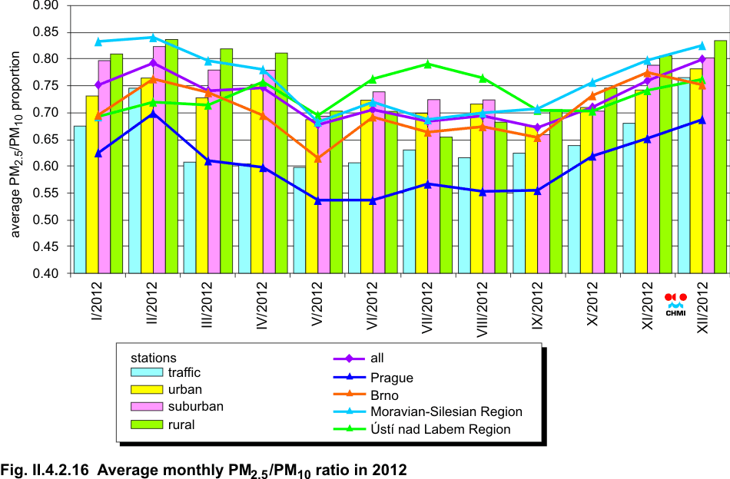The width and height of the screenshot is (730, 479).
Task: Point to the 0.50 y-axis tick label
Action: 47,220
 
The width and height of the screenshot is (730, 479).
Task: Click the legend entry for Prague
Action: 391,377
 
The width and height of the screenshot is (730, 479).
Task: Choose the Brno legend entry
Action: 384,395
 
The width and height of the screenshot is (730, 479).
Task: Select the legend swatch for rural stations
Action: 146,424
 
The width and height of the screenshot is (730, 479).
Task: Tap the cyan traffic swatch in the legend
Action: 146,372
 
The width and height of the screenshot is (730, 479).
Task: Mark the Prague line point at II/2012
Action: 153,113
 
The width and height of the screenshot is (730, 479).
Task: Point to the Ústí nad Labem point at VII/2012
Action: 427,64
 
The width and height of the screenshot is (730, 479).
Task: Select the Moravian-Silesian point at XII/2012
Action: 702,45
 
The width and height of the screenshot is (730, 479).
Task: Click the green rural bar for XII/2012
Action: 720,157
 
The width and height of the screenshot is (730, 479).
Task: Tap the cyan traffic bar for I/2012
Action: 79,200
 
